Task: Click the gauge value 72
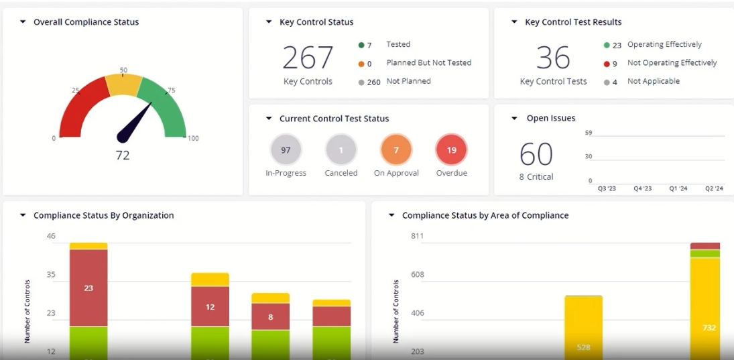(123, 156)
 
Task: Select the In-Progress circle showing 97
(286, 150)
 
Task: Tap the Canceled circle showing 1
(341, 150)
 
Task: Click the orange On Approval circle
(396, 150)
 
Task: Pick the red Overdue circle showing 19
(451, 150)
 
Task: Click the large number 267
(308, 58)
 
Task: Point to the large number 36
(553, 58)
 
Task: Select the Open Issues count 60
(536, 154)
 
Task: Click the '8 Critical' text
(536, 177)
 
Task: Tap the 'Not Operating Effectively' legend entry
(672, 63)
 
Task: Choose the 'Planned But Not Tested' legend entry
(428, 63)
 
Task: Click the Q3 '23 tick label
(607, 189)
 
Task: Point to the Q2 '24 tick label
(714, 189)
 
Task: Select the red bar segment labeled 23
(88, 288)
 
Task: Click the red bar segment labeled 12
(210, 306)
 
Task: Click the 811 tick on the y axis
(417, 236)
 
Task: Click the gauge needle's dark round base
(123, 137)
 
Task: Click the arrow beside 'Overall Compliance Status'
(23, 22)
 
